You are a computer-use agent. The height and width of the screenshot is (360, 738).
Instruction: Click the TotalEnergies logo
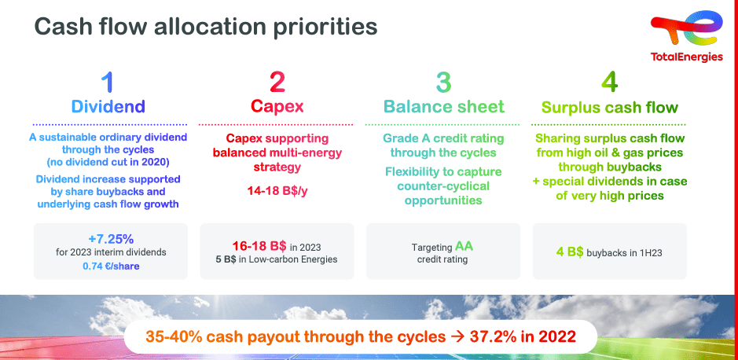(687, 37)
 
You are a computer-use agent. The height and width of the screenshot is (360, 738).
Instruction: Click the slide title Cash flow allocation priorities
(206, 27)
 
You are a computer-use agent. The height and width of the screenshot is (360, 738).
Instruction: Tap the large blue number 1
(108, 82)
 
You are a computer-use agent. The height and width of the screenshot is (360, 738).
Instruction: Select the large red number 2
(277, 82)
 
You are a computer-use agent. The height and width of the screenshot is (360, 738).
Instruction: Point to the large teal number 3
(443, 82)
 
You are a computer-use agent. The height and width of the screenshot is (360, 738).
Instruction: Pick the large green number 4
(610, 82)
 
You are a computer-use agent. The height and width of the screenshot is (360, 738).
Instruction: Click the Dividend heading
(108, 106)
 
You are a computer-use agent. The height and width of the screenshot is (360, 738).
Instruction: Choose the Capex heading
(277, 106)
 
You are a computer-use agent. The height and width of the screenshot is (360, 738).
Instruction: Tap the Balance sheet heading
(444, 106)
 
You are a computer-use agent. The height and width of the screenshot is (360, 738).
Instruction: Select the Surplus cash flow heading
(610, 108)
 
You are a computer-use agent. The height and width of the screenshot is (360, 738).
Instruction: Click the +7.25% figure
(111, 239)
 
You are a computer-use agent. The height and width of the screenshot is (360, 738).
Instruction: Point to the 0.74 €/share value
(111, 266)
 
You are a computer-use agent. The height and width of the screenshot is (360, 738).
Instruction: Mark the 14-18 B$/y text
(277, 192)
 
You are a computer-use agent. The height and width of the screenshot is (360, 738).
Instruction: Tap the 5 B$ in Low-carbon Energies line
(277, 259)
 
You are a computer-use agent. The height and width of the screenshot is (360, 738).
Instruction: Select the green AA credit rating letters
(464, 246)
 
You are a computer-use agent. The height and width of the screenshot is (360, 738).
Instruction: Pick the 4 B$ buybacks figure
(570, 252)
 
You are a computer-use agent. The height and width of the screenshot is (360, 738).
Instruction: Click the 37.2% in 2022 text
(523, 337)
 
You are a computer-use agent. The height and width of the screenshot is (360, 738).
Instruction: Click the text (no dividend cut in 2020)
(108, 163)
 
